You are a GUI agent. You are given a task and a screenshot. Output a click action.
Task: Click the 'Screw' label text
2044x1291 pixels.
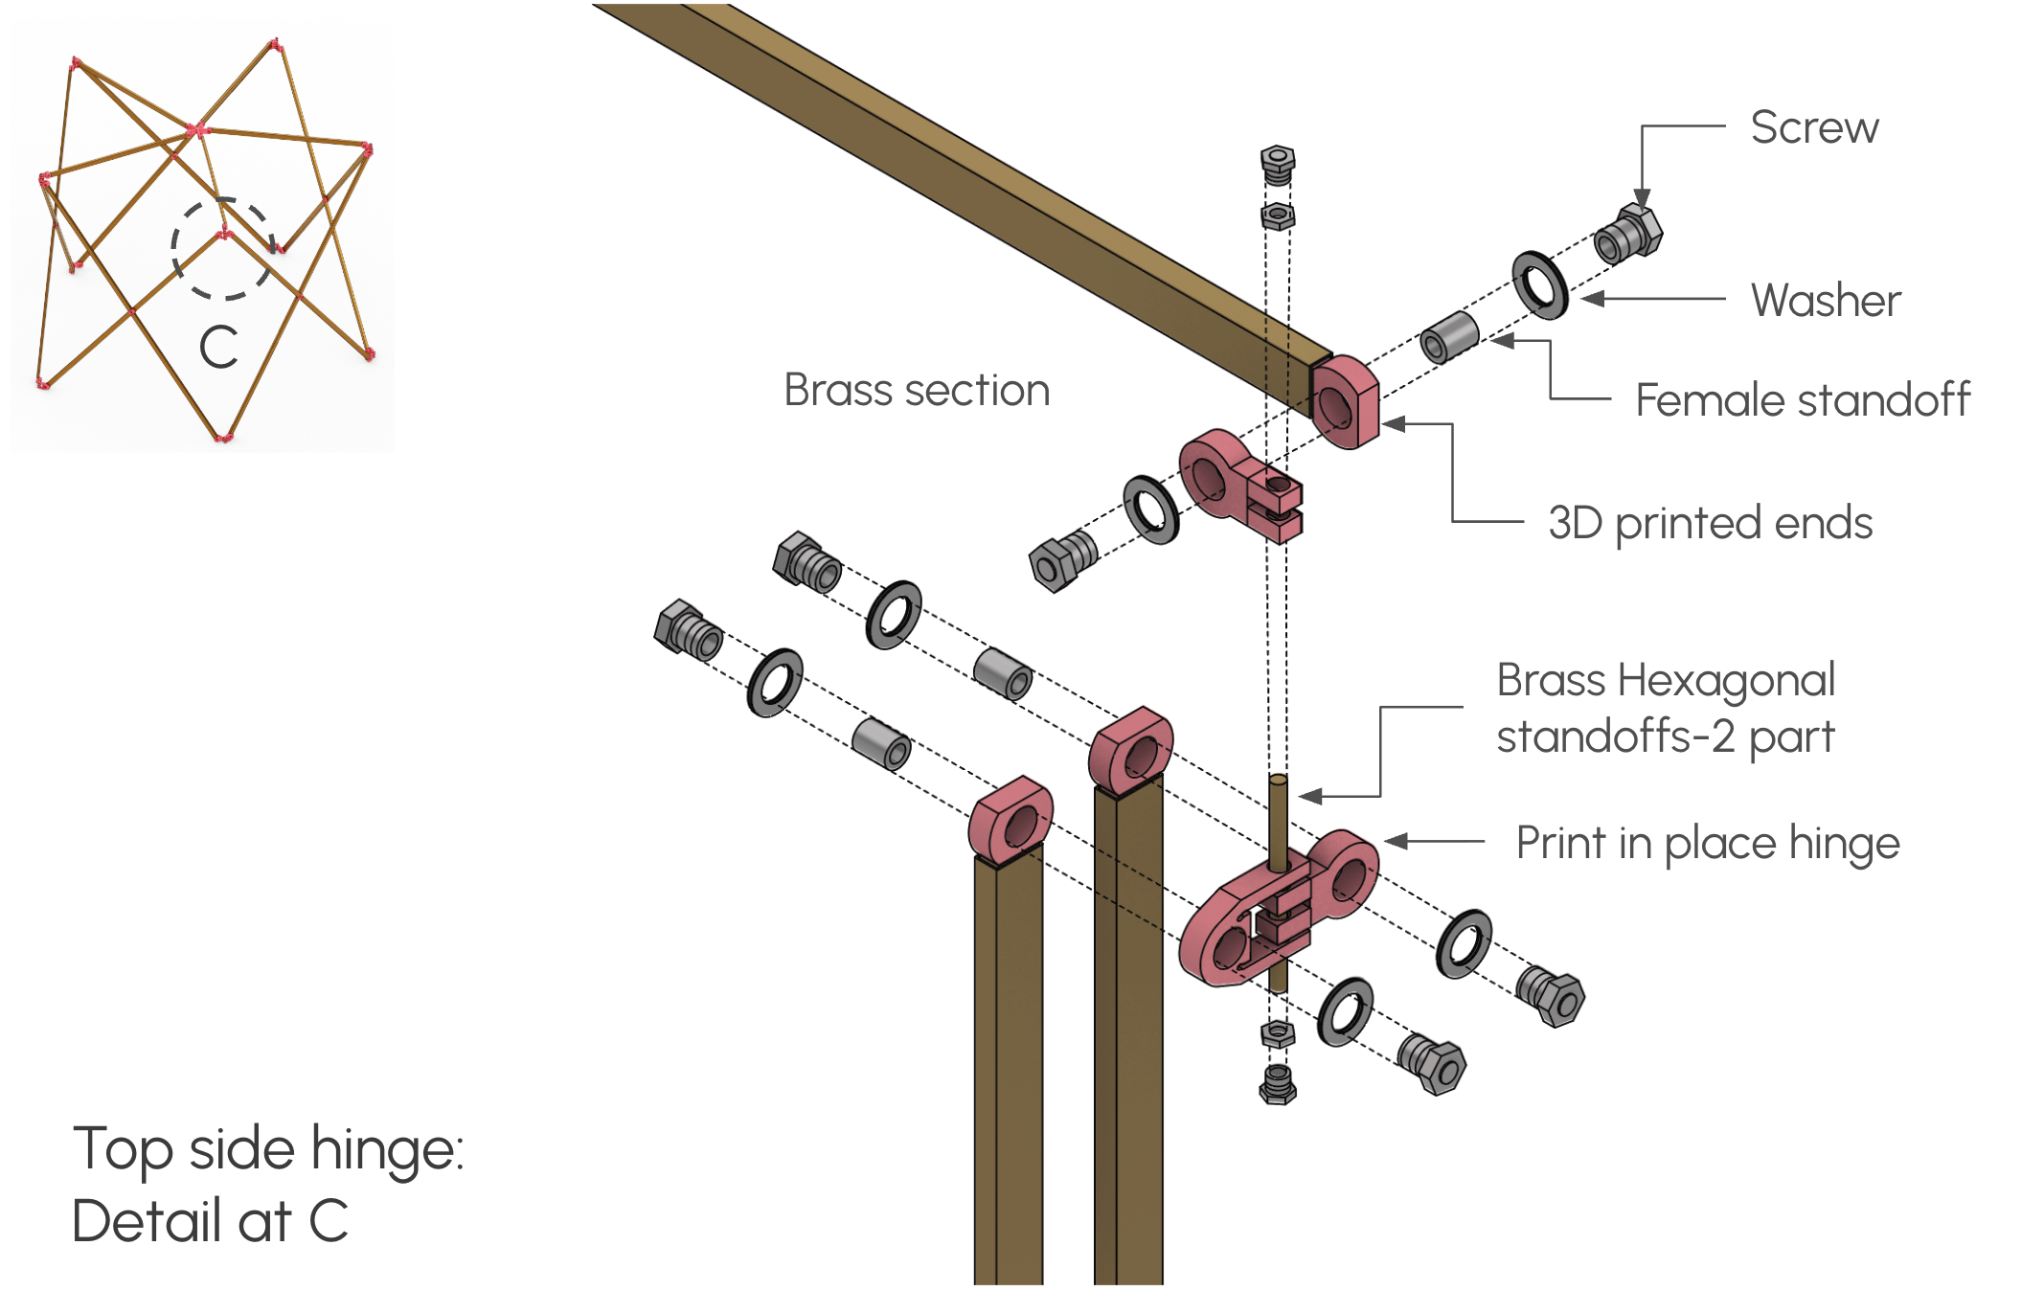(x=1814, y=127)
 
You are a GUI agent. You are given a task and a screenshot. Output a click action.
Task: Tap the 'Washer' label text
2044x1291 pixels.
(x=1825, y=301)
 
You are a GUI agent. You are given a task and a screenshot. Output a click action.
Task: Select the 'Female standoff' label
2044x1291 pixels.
(x=1802, y=400)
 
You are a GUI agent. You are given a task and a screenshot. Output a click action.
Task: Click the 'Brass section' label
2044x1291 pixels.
(x=917, y=391)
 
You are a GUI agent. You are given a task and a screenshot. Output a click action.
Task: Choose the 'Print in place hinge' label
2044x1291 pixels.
(x=1707, y=844)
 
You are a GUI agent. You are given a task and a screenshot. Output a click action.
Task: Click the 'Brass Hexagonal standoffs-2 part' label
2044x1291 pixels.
(x=1665, y=709)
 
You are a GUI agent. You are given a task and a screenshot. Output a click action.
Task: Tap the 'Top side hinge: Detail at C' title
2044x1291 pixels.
(x=268, y=1184)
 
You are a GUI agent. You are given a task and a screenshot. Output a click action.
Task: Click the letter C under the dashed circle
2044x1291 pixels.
(x=218, y=347)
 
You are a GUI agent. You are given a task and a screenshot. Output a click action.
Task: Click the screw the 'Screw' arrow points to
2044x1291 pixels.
(x=1628, y=235)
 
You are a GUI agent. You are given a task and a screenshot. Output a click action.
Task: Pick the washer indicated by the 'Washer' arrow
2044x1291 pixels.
(x=1539, y=285)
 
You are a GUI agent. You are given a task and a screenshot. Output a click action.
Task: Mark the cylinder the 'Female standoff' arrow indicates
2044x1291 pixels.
(x=1449, y=337)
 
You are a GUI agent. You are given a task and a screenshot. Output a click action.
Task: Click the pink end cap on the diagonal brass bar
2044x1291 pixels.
(x=1345, y=402)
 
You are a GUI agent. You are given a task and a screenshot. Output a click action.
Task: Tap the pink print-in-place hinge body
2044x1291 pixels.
(x=1274, y=910)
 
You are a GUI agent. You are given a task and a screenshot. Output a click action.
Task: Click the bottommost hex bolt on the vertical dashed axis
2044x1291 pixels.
(x=1278, y=1084)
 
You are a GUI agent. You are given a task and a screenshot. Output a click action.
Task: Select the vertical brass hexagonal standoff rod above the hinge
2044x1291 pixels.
(x=1279, y=819)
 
